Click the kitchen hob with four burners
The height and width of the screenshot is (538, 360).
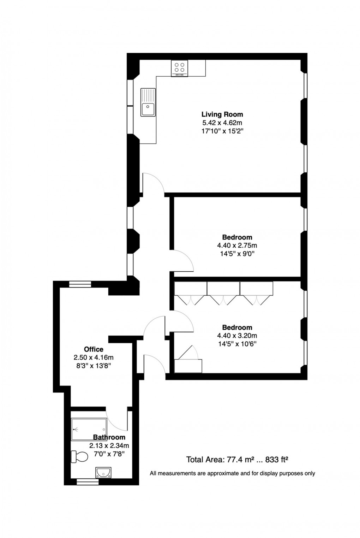click(x=180, y=68)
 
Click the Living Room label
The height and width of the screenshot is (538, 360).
click(x=222, y=114)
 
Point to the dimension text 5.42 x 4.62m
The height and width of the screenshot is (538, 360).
click(x=222, y=123)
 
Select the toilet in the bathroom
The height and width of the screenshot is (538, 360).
click(x=79, y=457)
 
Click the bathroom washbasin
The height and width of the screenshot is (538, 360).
click(x=103, y=472)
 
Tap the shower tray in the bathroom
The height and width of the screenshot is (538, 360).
click(x=89, y=429)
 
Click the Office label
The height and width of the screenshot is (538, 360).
click(x=94, y=349)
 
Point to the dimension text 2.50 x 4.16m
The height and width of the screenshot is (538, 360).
click(x=94, y=357)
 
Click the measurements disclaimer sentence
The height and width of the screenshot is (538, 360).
click(x=232, y=473)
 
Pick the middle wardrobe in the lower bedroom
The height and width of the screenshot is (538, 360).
click(x=223, y=293)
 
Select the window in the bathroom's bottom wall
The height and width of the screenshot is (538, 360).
click(x=88, y=481)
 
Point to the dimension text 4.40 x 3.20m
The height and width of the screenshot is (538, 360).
click(x=237, y=336)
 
